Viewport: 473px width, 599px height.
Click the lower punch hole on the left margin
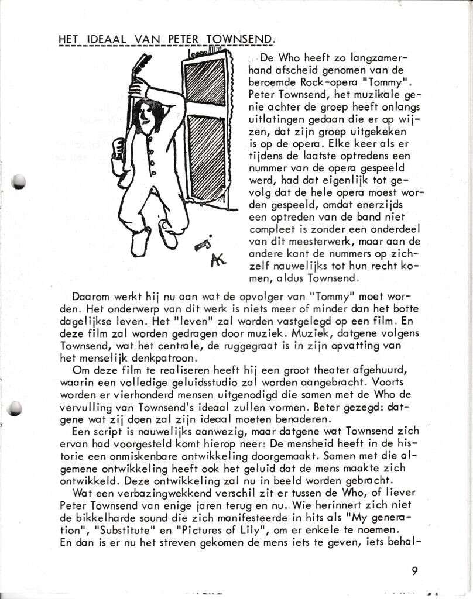click(16, 409)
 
